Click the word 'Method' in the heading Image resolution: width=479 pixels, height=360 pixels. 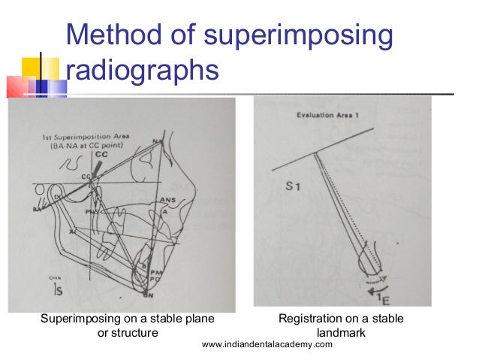point(113,37)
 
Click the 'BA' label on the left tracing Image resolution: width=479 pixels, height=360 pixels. point(36,210)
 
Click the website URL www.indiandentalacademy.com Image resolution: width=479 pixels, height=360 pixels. point(267,344)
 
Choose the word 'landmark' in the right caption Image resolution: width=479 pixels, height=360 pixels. point(341,333)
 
